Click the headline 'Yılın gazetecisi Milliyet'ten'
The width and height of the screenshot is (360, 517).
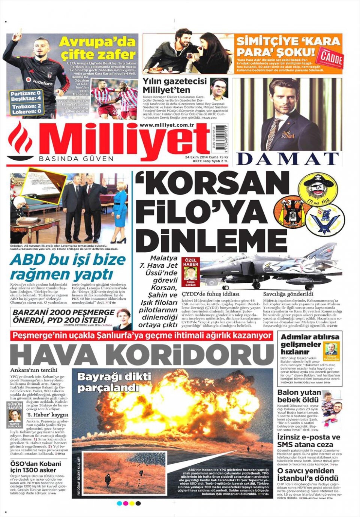coord(174,86)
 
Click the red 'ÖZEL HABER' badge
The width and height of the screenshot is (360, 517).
coord(190,262)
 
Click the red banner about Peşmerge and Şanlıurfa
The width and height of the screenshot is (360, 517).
coord(142,336)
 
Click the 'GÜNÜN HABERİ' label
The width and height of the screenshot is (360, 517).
coord(15,406)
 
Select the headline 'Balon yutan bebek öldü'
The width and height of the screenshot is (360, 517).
coord(299,396)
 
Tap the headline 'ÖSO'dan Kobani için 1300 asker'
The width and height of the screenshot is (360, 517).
coord(35,467)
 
